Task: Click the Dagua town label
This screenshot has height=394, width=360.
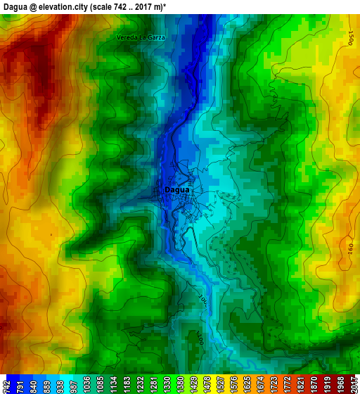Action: click(x=176, y=190)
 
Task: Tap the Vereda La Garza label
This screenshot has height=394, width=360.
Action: click(x=141, y=37)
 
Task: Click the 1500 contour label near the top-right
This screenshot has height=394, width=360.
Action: click(x=350, y=37)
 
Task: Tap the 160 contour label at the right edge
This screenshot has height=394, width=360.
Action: click(x=350, y=248)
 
